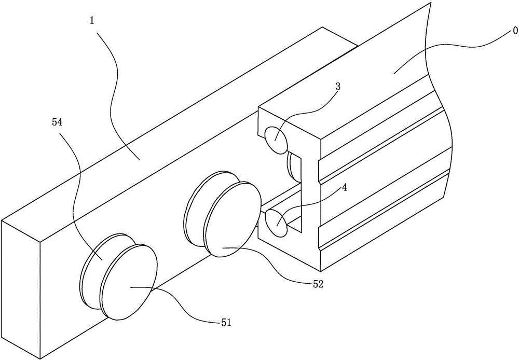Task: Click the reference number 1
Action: click(92, 21)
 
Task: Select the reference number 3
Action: click(338, 87)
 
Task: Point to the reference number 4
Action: click(345, 188)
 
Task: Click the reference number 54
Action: click(57, 122)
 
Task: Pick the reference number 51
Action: click(226, 322)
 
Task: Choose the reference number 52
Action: click(318, 284)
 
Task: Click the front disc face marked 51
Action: click(129, 282)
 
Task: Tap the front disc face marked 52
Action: click(232, 219)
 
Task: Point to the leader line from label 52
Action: click(268, 265)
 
